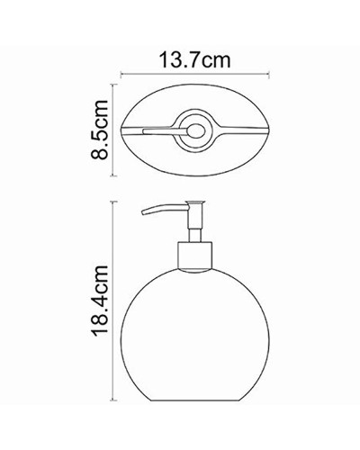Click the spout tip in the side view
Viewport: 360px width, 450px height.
pos(141,214)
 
